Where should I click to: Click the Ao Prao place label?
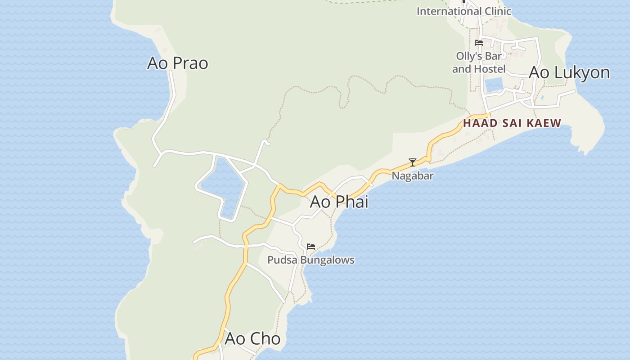[178, 63]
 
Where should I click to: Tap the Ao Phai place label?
[339, 202]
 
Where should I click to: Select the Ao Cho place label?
[252, 339]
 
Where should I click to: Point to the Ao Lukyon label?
[569, 72]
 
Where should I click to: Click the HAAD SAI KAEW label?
[512, 123]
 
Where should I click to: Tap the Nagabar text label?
[413, 176]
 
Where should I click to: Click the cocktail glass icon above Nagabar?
[412, 162]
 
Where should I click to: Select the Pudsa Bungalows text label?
[311, 260]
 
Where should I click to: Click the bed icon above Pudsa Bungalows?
[311, 247]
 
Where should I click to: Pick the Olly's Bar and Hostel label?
[479, 63]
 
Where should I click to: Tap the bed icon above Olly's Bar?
[479, 43]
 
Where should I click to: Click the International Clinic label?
[464, 11]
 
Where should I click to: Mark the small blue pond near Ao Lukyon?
[494, 85]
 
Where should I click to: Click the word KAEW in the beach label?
[545, 123]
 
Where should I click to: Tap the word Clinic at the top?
[496, 11]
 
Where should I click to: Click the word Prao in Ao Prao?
[190, 63]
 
